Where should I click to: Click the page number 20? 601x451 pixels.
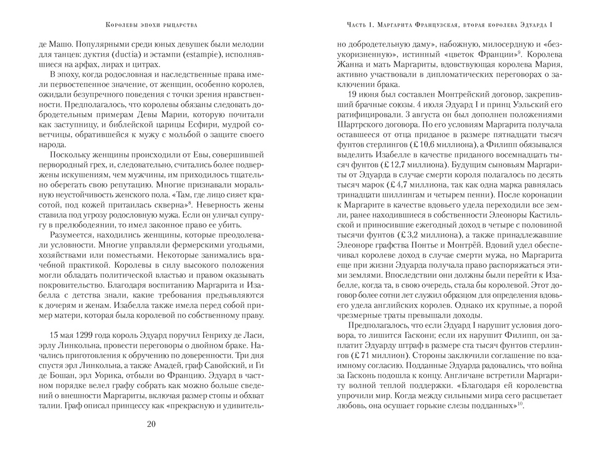click(x=151, y=424)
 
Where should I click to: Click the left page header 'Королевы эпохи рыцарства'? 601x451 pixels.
click(x=151, y=25)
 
